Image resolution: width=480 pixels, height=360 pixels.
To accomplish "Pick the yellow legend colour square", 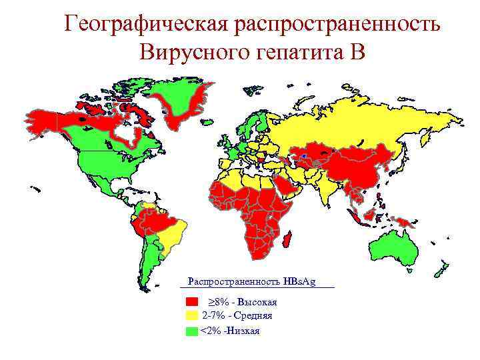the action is pyautogui.click(x=192, y=315).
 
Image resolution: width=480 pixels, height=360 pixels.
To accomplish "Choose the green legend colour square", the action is pyautogui.click(x=192, y=331).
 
